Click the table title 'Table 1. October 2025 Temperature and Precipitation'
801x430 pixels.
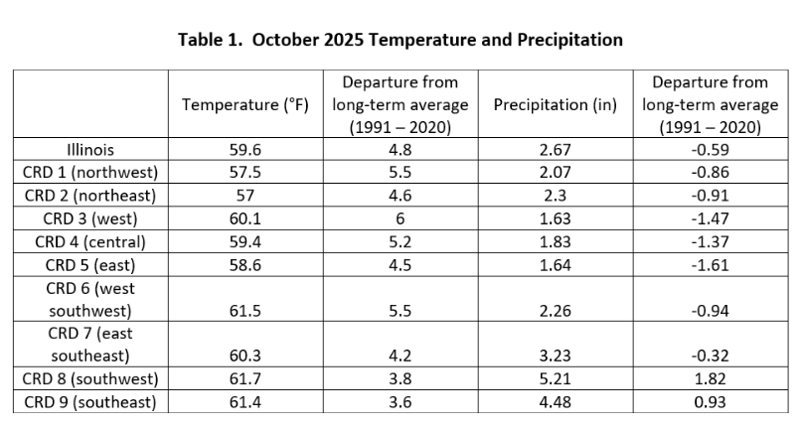click(x=400, y=41)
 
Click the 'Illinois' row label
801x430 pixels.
click(x=90, y=150)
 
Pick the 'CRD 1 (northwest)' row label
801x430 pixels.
click(x=90, y=173)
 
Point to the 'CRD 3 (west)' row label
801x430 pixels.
click(x=90, y=218)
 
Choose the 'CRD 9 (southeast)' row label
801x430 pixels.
click(x=90, y=402)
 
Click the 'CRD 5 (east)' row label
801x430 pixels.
click(x=90, y=265)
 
